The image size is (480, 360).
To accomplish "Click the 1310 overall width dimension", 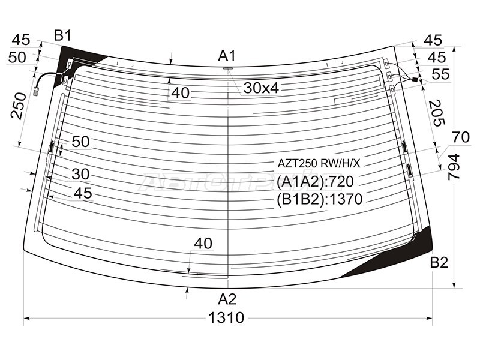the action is [x=226, y=318].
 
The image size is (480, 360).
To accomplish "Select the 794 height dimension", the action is [x=454, y=167].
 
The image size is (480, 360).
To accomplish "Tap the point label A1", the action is [x=227, y=56].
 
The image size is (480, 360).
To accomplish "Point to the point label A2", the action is [x=227, y=299].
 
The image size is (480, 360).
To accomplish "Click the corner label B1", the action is [x=62, y=35].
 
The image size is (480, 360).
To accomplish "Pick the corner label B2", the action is [x=439, y=263].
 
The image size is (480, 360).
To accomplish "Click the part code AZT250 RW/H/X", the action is [x=319, y=164].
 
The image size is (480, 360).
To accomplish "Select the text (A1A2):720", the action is [x=315, y=182].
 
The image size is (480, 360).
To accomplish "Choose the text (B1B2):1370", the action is [x=319, y=199].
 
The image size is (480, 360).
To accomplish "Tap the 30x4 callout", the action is [x=261, y=88].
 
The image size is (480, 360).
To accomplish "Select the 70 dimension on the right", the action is [x=461, y=137].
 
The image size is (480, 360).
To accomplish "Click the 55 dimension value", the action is [x=441, y=74].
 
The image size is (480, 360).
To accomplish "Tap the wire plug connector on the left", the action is [x=36, y=91].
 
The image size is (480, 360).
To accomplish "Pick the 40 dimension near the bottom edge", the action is [x=203, y=244].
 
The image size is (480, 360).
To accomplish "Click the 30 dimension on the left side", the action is [x=80, y=174].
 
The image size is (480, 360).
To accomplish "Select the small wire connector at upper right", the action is [x=415, y=80].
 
